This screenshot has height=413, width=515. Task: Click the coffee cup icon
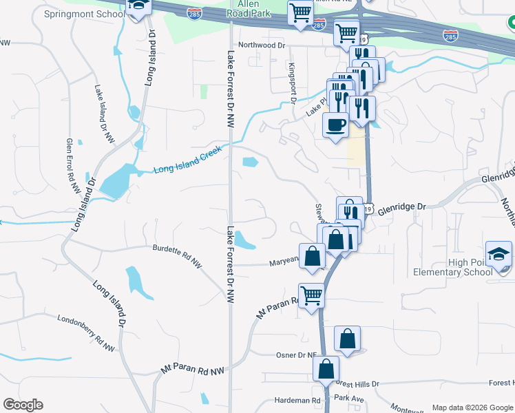[335, 125]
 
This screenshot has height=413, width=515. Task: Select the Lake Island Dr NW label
[105, 115]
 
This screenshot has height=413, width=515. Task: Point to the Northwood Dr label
[262, 45]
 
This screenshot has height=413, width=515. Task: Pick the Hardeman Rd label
[298, 400]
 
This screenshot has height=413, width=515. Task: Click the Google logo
[22, 405]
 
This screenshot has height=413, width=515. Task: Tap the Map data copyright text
[471, 407]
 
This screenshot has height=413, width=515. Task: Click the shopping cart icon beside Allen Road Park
[300, 12]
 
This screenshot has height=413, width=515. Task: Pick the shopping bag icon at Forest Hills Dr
[326, 368]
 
